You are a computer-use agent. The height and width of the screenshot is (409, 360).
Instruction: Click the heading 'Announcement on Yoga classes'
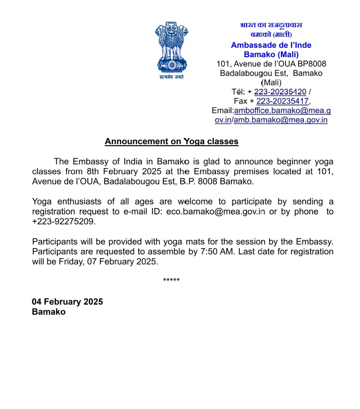point(171,142)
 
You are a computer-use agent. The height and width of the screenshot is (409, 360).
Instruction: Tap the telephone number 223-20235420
point(281,92)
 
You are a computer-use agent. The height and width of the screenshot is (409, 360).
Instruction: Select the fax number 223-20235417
point(283,101)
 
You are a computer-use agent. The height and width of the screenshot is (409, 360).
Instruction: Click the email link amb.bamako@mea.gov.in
point(280,120)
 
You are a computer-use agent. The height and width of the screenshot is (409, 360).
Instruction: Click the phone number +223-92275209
point(64,221)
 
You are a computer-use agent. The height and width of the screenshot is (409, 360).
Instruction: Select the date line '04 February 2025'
point(67,302)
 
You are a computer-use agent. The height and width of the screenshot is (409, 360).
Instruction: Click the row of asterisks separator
point(171,281)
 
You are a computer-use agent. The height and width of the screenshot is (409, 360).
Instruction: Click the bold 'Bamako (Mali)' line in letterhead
point(271,54)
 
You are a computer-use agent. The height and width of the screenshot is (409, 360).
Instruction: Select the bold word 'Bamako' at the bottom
point(48,312)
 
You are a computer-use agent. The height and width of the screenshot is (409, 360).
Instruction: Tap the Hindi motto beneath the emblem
point(171,77)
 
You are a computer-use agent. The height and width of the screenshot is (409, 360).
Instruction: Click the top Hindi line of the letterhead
point(271,25)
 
